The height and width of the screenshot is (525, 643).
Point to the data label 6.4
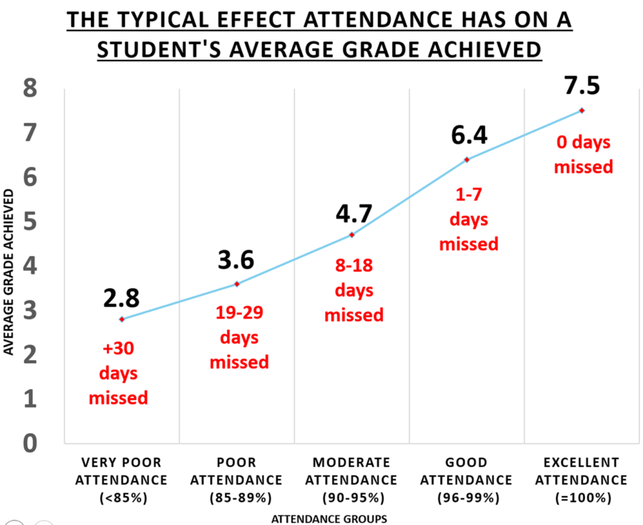467,136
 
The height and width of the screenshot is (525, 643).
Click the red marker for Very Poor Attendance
122,319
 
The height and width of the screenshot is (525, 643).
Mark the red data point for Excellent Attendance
582,111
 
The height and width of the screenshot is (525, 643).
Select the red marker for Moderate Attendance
352,235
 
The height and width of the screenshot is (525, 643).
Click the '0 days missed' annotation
583,154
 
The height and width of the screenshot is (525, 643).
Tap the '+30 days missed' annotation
119,374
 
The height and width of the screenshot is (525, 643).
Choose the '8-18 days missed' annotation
354,290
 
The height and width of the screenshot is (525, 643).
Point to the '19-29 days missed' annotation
239,338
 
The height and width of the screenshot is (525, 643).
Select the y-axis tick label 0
29,443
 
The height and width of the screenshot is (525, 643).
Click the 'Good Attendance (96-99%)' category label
466,480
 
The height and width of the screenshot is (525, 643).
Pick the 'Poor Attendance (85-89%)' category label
236,480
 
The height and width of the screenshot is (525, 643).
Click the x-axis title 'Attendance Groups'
320,519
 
